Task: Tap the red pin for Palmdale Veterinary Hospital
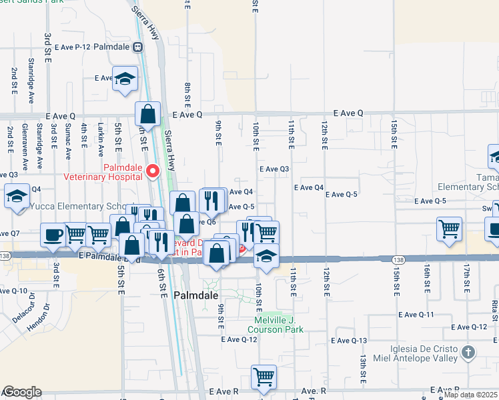[x=153, y=171]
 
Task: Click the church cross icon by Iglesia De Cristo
[x=468, y=351]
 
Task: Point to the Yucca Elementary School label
[x=73, y=207]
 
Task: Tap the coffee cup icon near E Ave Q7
[x=53, y=234]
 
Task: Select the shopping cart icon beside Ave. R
[x=264, y=377]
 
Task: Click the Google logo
[x=22, y=392]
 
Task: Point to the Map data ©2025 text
[x=471, y=395]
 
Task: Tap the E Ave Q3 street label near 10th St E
[x=274, y=169]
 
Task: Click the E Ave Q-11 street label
[x=416, y=315]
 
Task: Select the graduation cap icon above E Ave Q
[x=124, y=79]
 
